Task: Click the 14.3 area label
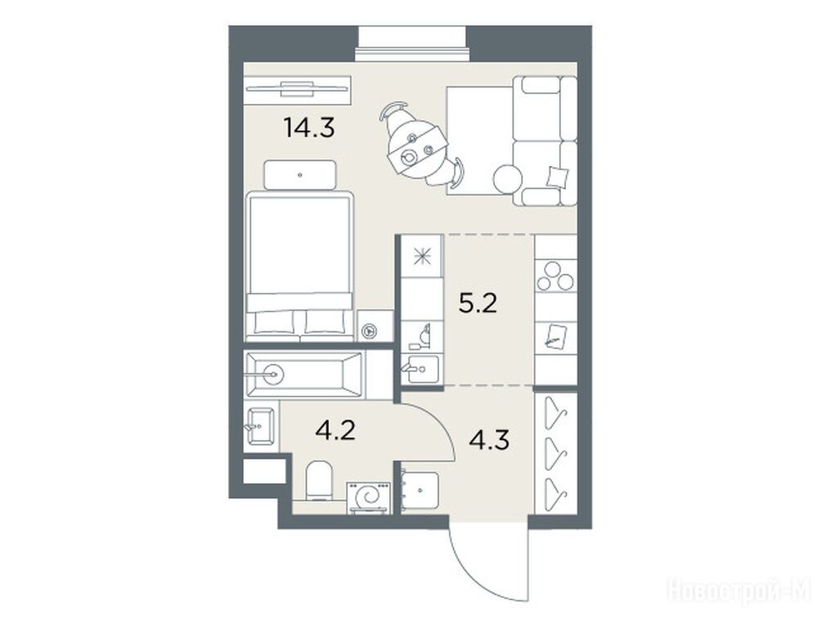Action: coord(308,128)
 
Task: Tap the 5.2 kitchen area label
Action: coord(477,303)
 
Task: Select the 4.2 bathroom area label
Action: coord(335,430)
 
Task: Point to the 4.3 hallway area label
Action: coord(488,440)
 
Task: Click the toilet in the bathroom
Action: coord(319,480)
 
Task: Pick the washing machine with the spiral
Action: coord(368,498)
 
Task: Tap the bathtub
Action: coord(304,375)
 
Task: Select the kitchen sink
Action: coord(423,370)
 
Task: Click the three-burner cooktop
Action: coord(555,276)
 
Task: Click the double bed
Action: coord(299,267)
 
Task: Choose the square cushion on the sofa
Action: coord(557,177)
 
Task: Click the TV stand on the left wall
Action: coord(298,90)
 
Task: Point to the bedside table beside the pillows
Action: coord(375,326)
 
